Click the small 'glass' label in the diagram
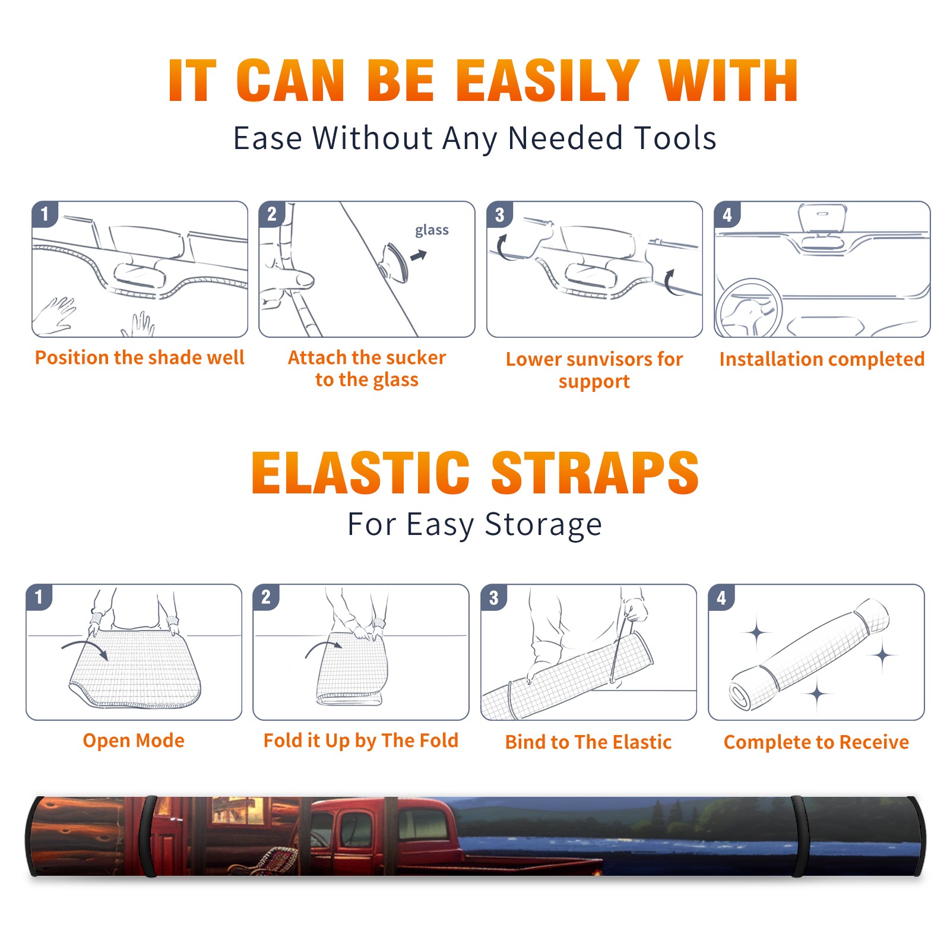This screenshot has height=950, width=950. (x=432, y=230)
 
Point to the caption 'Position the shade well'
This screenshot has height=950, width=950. (x=140, y=357)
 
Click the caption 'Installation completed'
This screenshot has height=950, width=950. (x=822, y=359)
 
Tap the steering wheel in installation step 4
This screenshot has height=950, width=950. (x=749, y=309)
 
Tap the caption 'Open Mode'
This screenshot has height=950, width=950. (x=134, y=740)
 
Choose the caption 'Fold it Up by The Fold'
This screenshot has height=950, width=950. (x=361, y=740)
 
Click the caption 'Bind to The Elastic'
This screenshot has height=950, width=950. (x=588, y=742)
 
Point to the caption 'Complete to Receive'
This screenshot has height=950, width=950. (x=816, y=742)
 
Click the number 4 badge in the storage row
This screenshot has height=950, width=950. (x=721, y=597)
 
